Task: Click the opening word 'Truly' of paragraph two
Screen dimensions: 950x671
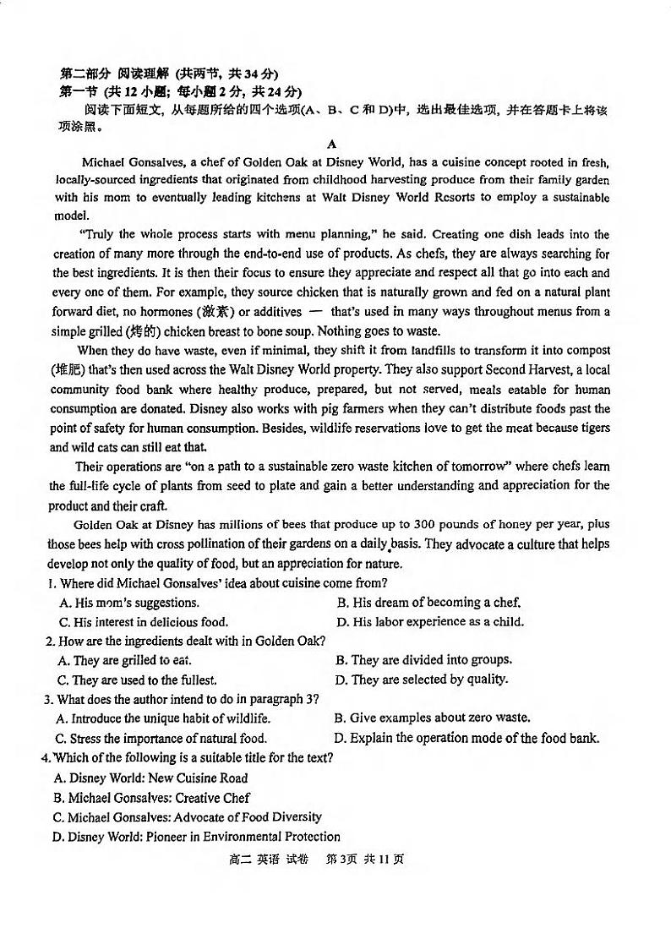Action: pos(97,234)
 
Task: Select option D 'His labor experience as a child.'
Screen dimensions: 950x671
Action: pos(429,622)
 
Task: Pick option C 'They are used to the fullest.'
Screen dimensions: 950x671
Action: pos(137,680)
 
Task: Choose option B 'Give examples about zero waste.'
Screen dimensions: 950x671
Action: pos(432,718)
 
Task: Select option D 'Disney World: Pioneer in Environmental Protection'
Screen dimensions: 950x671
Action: pos(196,837)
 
